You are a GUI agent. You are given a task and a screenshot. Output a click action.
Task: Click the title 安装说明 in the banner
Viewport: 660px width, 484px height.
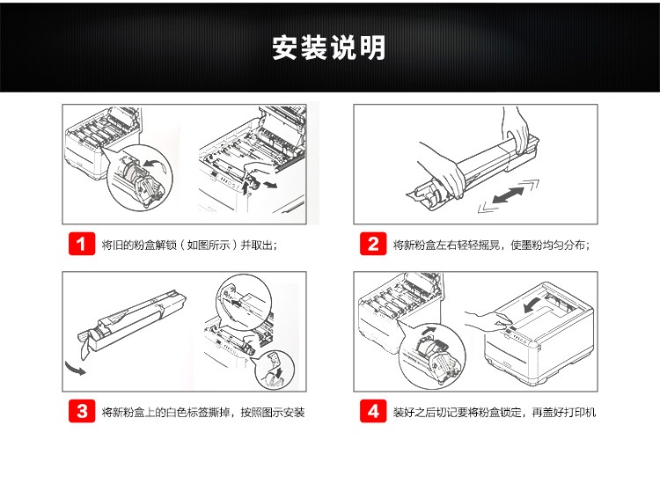[x=329, y=48]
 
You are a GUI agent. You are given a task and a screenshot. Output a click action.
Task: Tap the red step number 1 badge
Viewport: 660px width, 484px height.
[x=82, y=244]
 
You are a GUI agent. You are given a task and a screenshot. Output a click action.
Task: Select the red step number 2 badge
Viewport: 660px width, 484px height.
[x=373, y=244]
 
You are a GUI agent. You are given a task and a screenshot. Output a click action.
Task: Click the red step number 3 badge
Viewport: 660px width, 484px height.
[x=82, y=411]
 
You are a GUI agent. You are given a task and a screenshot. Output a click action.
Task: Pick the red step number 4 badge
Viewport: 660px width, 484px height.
[x=373, y=411]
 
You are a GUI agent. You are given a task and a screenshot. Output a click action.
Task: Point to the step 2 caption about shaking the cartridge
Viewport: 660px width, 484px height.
[x=491, y=245]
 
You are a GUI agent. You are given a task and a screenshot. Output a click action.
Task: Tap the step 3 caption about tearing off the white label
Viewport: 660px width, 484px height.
[x=203, y=412]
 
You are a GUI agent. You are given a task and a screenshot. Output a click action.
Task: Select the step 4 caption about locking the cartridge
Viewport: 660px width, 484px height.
[x=495, y=412]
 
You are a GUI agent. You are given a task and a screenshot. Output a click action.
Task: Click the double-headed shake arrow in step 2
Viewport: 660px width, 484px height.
[x=509, y=195]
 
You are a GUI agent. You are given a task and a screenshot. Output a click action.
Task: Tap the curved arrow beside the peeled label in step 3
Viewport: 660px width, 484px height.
[x=75, y=368]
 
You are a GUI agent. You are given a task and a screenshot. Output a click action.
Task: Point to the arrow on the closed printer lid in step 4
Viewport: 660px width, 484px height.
[x=532, y=304]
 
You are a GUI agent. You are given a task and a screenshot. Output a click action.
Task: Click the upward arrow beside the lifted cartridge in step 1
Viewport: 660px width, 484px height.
[x=246, y=187]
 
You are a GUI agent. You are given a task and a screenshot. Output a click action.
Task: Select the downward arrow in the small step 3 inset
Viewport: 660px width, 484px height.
[x=278, y=371]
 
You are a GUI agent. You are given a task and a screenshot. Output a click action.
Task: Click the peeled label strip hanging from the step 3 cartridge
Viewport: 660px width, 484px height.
[x=85, y=345]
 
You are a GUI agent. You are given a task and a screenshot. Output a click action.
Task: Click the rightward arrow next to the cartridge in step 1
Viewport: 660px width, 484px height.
[x=269, y=184]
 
